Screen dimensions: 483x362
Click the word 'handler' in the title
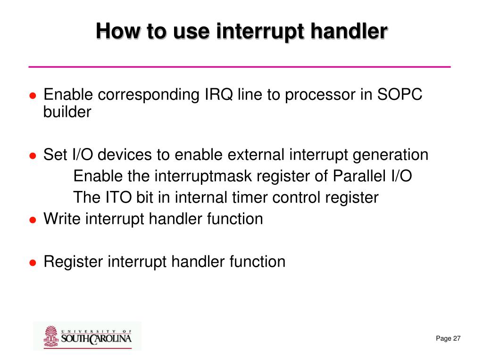[349, 31]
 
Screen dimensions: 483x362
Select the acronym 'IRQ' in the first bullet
[219, 94]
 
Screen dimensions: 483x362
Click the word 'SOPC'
[400, 94]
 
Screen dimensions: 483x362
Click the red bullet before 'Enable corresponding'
[33, 96]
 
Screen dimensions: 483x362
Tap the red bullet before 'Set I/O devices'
[33, 156]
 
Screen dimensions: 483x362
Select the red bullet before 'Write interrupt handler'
[33, 220]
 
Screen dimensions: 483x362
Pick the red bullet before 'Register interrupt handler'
[33, 263]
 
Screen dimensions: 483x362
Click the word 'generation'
[390, 155]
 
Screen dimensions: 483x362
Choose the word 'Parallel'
[359, 176]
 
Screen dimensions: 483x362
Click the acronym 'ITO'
[118, 197]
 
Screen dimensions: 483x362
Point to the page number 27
[457, 338]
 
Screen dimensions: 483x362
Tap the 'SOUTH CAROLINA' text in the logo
[96, 339]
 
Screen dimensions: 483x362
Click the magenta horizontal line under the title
[240, 66]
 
